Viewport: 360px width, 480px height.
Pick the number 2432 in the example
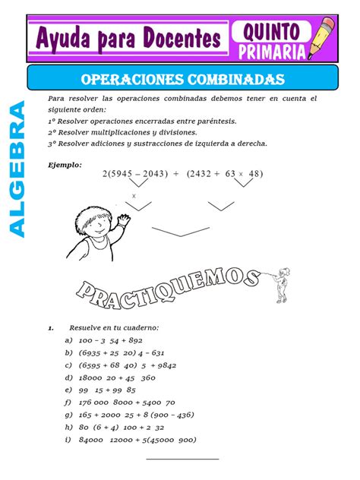click(202, 174)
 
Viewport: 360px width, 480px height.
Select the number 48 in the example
click(254, 174)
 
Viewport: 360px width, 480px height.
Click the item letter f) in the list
click(68, 403)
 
